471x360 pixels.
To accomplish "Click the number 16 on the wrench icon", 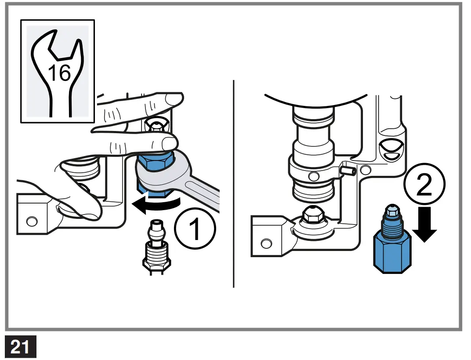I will (x=59, y=73).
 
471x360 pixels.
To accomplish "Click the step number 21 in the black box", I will (x=20, y=347).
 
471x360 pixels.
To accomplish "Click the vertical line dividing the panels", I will (x=233, y=185).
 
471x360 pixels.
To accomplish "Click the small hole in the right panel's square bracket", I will (x=266, y=243).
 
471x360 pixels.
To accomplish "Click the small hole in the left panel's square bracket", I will (x=31, y=221).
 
